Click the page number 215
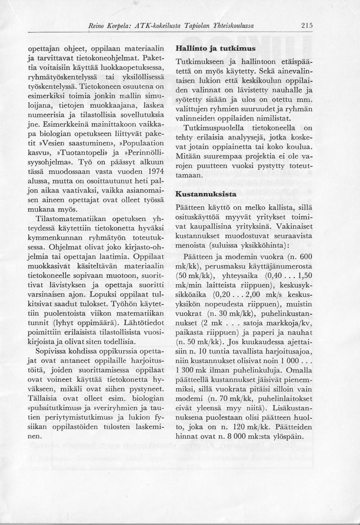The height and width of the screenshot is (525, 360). [307, 26]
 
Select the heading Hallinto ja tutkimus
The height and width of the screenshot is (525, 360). [215, 48]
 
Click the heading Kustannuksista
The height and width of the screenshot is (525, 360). [205, 194]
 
